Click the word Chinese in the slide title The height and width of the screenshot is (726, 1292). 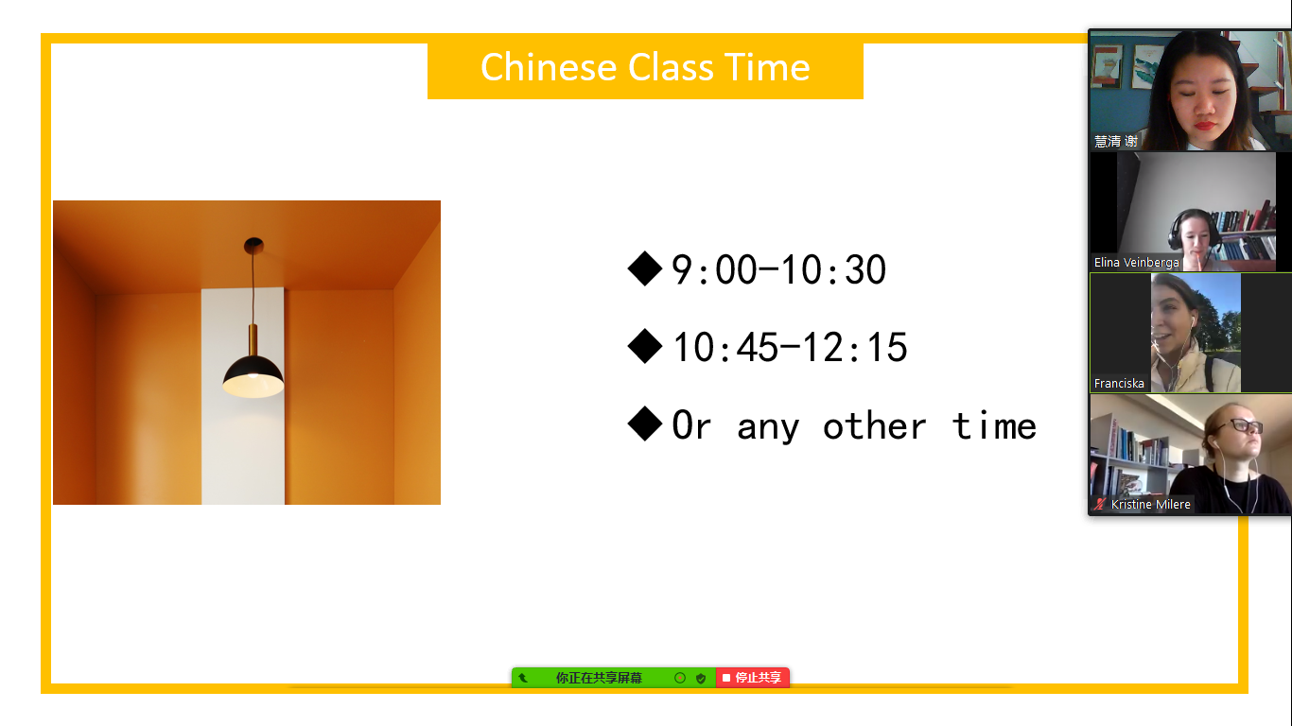[x=549, y=67]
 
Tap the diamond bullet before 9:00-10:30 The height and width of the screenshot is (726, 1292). [x=644, y=268]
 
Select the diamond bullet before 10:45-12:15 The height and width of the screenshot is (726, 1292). [x=644, y=347]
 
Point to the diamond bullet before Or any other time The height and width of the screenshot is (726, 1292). [x=644, y=424]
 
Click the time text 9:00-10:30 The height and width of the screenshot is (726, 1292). [x=778, y=269]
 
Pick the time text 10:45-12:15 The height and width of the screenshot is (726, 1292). [x=790, y=348]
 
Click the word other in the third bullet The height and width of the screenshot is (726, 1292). [x=873, y=426]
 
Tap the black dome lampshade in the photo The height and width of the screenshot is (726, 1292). [x=253, y=376]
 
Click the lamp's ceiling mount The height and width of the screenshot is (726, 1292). [x=253, y=246]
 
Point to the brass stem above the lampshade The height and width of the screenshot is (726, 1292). [x=253, y=340]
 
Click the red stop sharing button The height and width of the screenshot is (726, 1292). [x=752, y=678]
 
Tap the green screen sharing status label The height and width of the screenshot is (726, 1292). [x=598, y=678]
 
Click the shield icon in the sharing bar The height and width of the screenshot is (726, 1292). [x=701, y=678]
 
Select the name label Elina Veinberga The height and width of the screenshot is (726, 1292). [x=1136, y=263]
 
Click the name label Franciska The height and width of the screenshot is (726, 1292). [x=1118, y=384]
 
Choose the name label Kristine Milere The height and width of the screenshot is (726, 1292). [x=1150, y=505]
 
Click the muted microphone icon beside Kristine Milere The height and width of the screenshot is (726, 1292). [x=1100, y=505]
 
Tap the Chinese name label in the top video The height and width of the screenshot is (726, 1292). [x=1116, y=141]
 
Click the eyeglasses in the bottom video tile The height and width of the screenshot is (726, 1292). [x=1246, y=426]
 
